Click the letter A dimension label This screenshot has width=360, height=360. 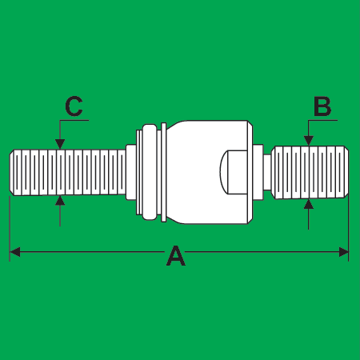176,256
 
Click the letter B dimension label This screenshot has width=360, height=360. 322,106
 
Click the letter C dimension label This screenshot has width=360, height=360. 74,106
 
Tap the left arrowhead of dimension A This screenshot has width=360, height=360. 15,252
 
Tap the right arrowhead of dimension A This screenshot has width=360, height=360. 343,252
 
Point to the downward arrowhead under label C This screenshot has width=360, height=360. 60,144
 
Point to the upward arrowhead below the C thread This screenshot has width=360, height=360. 60,201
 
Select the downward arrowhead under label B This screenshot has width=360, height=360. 309,141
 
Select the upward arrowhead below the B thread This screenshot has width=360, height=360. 309,204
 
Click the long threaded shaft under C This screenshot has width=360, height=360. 68,172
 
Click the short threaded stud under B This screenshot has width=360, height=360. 310,172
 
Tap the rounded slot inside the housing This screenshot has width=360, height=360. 233,172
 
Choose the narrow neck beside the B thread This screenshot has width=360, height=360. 267,172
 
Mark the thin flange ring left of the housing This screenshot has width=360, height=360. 164,172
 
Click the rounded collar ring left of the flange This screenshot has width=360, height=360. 150,172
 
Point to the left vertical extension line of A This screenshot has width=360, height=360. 10,229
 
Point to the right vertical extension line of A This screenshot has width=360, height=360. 349,228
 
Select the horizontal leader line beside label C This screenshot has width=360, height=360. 74,120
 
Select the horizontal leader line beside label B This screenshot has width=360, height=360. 322,120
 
